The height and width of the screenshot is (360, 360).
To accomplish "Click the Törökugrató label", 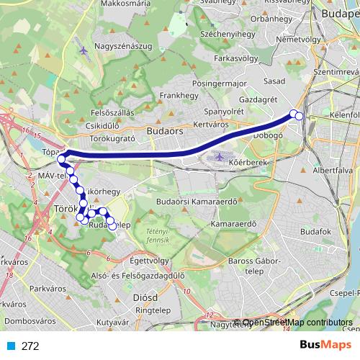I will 115,137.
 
